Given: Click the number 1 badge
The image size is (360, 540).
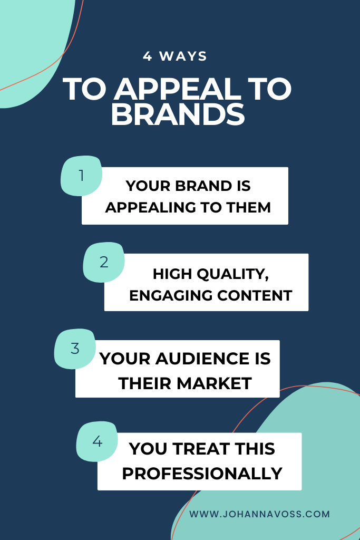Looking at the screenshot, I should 81,176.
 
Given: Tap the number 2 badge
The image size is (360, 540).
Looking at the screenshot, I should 104,262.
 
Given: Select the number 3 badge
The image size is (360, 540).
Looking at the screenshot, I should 75,349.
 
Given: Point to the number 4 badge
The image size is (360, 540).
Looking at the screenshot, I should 97,441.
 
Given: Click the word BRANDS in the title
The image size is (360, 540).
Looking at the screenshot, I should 178,115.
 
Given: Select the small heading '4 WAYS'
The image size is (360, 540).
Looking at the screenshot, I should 175,56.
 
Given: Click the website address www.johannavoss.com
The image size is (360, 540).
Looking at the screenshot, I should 259,514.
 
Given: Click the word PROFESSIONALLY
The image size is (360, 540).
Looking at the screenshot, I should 202,473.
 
